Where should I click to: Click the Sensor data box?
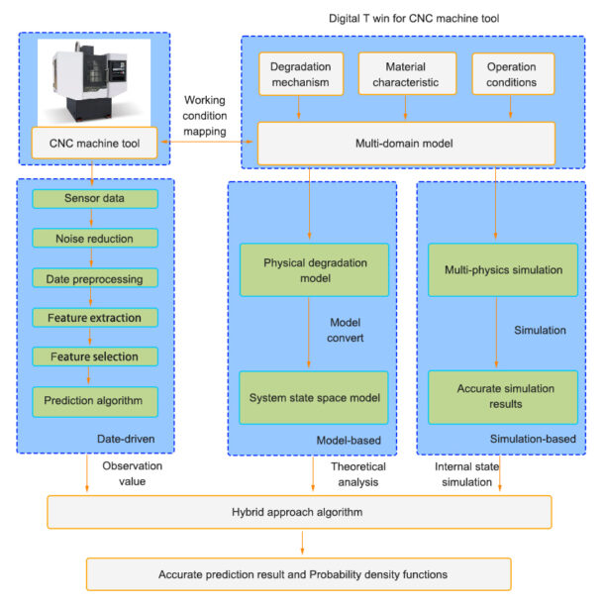tap(95, 198)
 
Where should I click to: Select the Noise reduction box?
tap(95, 238)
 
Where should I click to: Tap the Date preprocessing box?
tap(95, 278)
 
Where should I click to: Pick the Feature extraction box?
tap(95, 318)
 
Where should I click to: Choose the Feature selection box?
tap(95, 356)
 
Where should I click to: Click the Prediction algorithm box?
tap(95, 402)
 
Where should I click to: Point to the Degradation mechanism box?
tap(301, 74)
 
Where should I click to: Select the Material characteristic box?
tap(407, 73)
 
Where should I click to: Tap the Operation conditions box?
tap(513, 73)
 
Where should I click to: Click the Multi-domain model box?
tap(406, 144)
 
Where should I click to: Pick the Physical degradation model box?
tap(315, 270)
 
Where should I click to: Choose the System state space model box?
tap(314, 397)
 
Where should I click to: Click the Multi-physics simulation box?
tap(503, 270)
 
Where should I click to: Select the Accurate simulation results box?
tap(503, 397)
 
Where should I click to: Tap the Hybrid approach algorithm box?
tap(299, 512)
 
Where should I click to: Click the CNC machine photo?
tap(94, 82)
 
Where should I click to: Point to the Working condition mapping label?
tap(205, 116)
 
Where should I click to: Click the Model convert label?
tap(345, 330)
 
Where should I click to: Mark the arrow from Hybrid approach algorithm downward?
tap(302, 543)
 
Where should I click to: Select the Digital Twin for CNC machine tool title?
tap(414, 18)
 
